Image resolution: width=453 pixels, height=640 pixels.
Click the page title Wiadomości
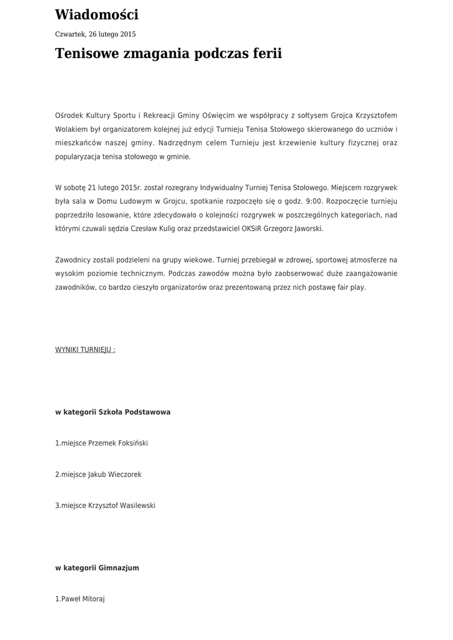coord(97,15)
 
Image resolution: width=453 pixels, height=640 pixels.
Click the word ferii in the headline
coord(267,54)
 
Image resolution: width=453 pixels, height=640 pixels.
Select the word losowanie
coord(110,215)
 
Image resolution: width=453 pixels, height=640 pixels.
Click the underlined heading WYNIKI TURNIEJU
coord(85,349)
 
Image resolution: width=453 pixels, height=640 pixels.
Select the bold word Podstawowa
coord(147,412)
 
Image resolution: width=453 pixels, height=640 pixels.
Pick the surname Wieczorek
coord(125,474)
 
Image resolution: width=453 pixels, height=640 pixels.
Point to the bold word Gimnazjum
coord(119,568)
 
